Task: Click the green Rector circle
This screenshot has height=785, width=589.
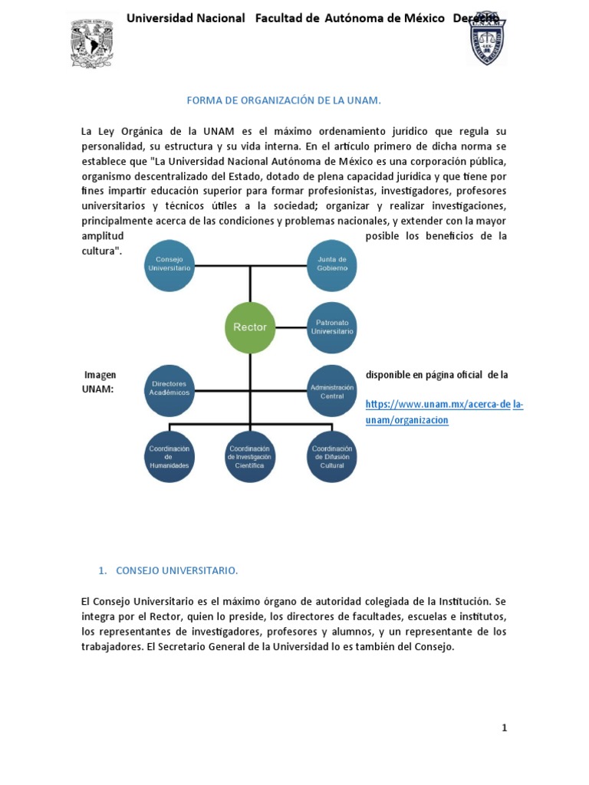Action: (250, 327)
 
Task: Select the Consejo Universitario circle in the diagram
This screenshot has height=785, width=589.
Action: (169, 264)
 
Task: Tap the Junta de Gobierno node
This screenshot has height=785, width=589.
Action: (332, 264)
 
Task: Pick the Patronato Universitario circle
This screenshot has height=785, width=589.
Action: (334, 327)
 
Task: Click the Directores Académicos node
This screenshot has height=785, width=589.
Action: (169, 389)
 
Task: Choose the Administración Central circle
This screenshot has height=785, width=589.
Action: (332, 391)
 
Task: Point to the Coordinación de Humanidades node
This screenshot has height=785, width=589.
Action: (169, 456)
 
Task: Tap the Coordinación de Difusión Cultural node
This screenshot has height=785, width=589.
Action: (332, 456)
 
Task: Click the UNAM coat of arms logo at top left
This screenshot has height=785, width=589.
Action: (91, 43)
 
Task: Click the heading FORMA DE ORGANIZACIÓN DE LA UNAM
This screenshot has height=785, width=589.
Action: (285, 100)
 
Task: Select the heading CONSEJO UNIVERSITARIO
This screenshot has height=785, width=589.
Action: (177, 570)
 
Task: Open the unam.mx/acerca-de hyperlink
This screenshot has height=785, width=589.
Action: (438, 405)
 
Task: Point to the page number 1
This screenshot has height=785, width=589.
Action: (504, 728)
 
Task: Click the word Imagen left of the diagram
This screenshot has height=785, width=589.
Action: (100, 375)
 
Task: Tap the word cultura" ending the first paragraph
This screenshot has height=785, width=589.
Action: (101, 251)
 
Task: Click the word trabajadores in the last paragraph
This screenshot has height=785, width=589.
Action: (114, 646)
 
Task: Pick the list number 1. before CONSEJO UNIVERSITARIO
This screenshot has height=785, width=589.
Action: (103, 570)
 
